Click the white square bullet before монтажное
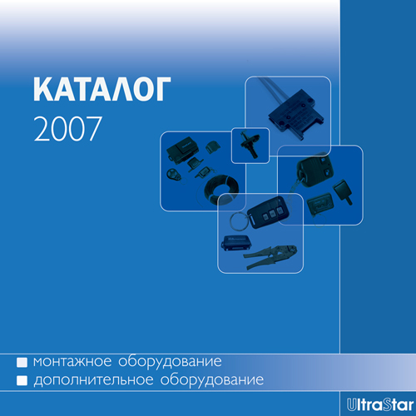point(23,364)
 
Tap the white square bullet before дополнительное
point(23,382)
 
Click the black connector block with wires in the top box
point(292,118)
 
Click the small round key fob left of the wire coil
point(173,176)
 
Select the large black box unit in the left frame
point(181,150)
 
